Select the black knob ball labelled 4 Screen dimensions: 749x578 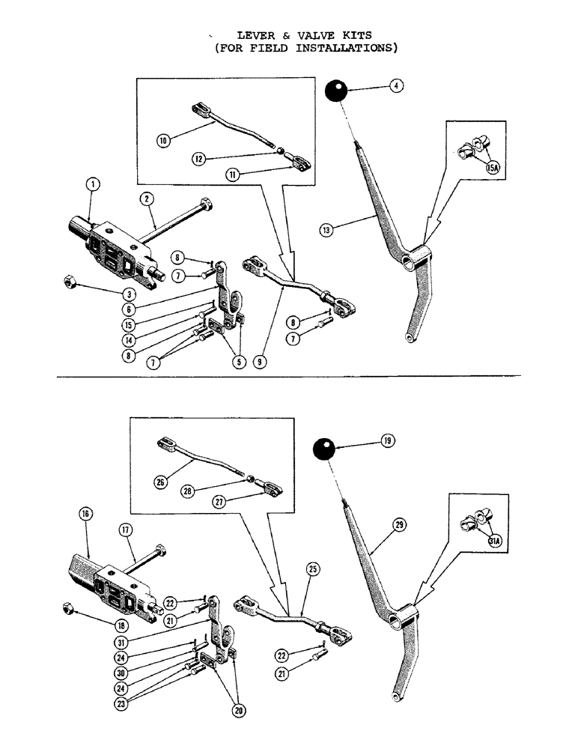pyautogui.click(x=338, y=94)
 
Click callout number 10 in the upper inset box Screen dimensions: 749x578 pyautogui.click(x=163, y=139)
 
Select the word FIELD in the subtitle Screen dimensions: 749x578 pyautogui.click(x=267, y=49)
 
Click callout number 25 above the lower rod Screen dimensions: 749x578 pyautogui.click(x=312, y=568)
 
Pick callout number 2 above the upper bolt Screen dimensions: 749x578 pyautogui.click(x=147, y=198)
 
